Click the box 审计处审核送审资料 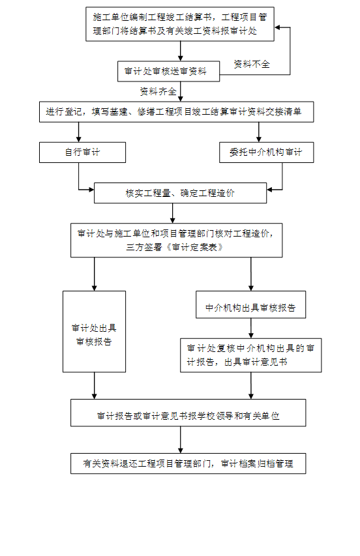coord(168,71)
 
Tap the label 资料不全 coord(252,64)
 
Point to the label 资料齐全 coord(158,91)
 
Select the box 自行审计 coord(82,153)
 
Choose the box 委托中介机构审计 coord(266,153)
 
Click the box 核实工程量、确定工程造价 coord(180,193)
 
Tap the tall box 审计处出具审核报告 coord(95,332)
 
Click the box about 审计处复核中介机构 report coord(250,355)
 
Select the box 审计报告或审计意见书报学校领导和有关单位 coord(188,413)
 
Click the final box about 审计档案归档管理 coord(188,463)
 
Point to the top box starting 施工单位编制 coord(180,24)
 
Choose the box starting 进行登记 coord(176,112)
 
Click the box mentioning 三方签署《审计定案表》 coord(176,240)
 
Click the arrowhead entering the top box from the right coord(277,27)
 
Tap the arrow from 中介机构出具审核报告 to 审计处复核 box coord(250,329)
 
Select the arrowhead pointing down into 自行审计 coord(78,139)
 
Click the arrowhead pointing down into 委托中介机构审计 coord(258,139)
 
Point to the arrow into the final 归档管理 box coord(180,440)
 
